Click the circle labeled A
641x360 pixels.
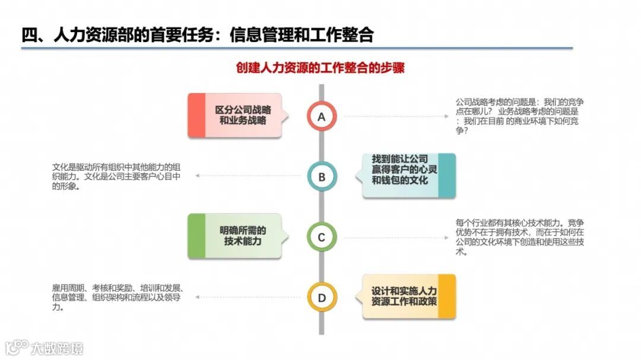322,116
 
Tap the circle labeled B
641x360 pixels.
322,177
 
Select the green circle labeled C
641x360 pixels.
322,237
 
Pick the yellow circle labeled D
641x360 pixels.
322,298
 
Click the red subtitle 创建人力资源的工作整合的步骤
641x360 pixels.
320,68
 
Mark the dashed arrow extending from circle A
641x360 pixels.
395,116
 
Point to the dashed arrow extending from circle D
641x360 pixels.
249,298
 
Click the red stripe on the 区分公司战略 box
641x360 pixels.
196,116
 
